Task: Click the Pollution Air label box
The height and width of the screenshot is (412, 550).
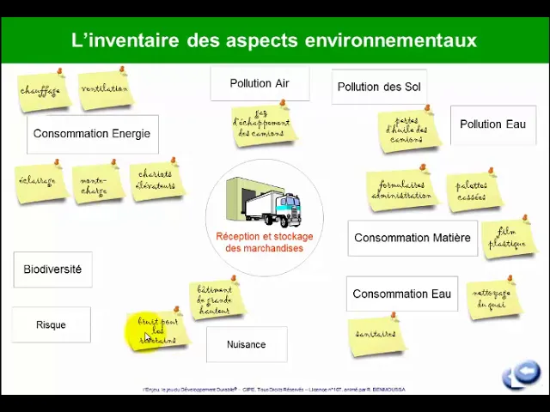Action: pos(260,84)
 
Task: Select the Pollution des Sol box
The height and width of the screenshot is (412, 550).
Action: pos(379,87)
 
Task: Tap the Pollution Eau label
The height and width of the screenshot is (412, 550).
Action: pos(492,124)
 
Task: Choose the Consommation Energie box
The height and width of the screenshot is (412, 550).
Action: pos(92,134)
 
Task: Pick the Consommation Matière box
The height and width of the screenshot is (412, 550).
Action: pos(412,238)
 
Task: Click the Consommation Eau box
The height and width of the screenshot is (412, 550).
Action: pos(401,294)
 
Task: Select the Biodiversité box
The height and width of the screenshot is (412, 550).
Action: pos(52,270)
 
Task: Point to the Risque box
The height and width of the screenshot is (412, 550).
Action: pos(51,325)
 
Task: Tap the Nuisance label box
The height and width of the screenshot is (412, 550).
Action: pos(246,345)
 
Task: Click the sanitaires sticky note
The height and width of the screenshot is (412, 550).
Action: pos(376,335)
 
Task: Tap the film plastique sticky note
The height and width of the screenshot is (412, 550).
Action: pos(507,239)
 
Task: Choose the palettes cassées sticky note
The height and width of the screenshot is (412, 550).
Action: pos(472,191)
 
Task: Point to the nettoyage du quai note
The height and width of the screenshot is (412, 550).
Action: pos(493,298)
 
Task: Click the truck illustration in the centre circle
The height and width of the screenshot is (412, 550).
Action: pos(266,202)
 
